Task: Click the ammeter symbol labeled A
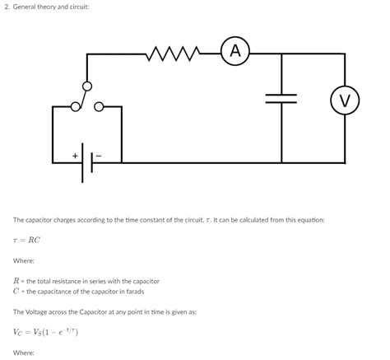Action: [x=235, y=52]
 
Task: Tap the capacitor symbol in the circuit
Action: [x=281, y=97]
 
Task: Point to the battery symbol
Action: [x=86, y=161]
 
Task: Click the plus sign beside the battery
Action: [x=75, y=155]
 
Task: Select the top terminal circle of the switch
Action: [x=87, y=86]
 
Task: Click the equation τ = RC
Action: [x=26, y=241]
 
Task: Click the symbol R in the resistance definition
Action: [x=16, y=281]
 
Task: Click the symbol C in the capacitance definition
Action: [x=16, y=291]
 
